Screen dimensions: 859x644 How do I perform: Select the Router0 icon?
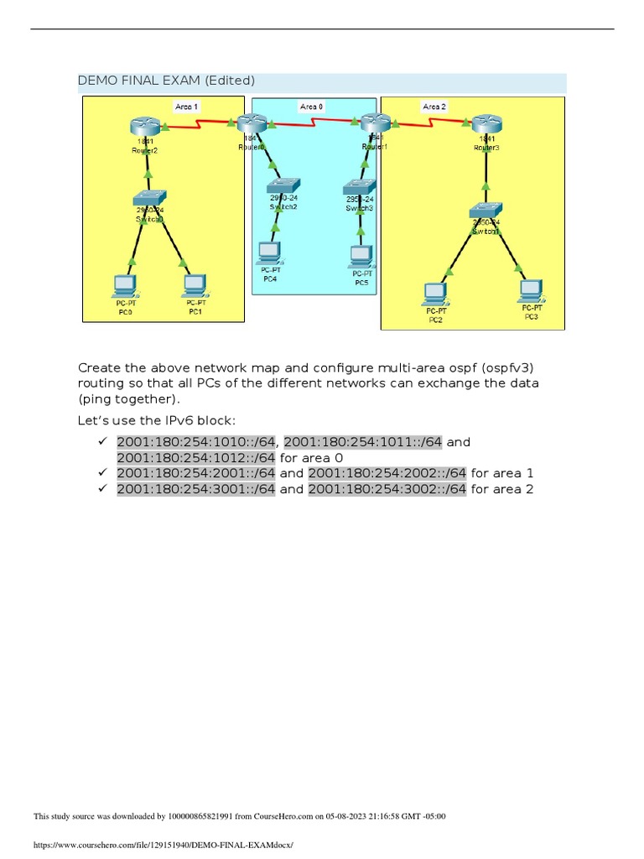(250, 122)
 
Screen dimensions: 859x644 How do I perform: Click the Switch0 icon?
(148, 199)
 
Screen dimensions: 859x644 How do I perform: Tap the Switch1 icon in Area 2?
(485, 211)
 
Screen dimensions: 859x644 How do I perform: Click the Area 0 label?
(312, 107)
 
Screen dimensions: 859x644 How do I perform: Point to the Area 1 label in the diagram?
(186, 107)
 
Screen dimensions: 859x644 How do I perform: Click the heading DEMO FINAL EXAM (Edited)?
(166, 81)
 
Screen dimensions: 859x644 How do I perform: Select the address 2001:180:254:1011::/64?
(363, 442)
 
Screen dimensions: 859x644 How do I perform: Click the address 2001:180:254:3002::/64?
(387, 490)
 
